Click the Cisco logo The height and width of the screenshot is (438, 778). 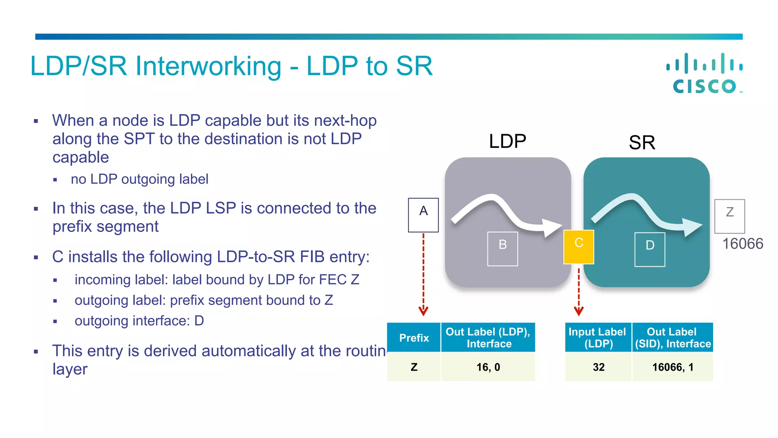[705, 73]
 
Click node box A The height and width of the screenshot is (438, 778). [423, 215]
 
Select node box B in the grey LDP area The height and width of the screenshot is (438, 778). [503, 249]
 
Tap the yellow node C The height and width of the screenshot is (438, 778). [579, 247]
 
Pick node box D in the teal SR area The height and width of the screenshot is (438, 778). [650, 249]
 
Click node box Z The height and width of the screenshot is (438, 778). [729, 216]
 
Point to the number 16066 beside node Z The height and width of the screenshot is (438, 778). [742, 244]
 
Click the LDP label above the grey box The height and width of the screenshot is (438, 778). [507, 141]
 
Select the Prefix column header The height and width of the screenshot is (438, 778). [414, 338]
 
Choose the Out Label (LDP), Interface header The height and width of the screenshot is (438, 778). [488, 338]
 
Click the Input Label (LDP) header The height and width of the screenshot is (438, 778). [598, 338]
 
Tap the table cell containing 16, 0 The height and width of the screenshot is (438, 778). [488, 367]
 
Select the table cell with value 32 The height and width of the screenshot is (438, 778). [598, 367]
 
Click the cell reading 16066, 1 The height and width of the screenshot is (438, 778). [672, 367]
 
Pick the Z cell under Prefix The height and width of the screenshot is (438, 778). [414, 367]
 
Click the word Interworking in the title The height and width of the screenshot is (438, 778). [209, 66]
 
